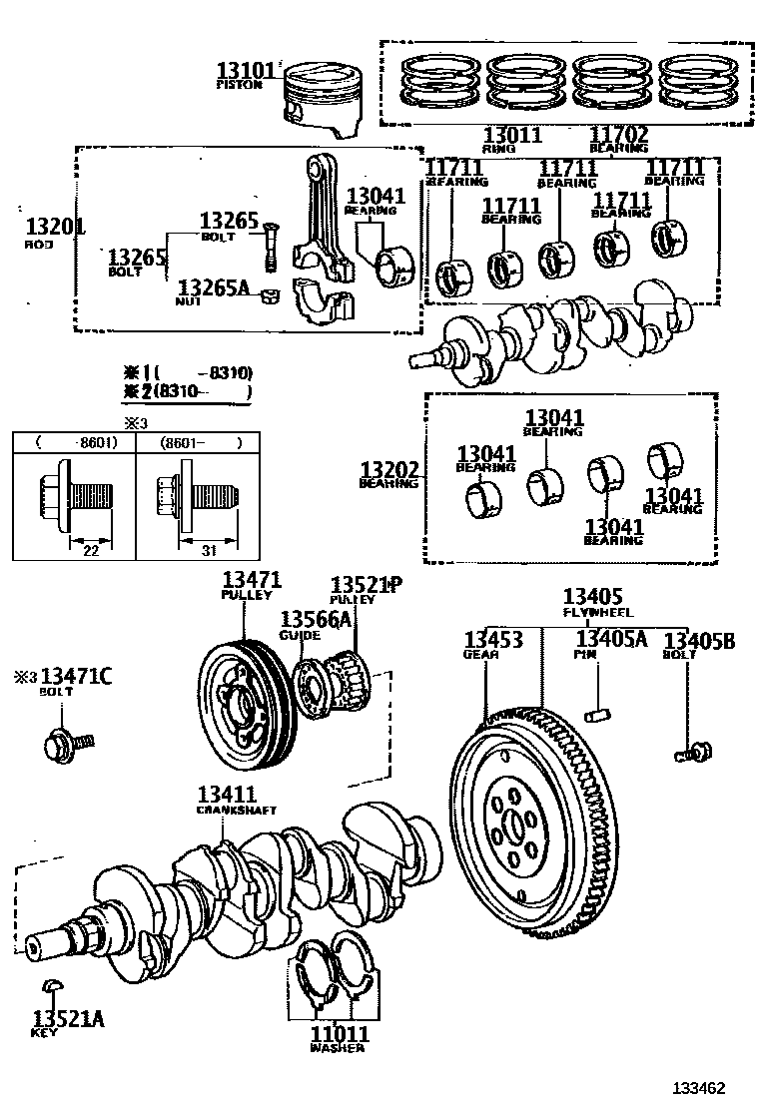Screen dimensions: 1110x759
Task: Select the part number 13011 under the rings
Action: pos(512,135)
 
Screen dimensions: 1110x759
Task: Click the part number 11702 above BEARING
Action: pos(618,135)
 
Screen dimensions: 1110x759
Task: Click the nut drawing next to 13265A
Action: pos(267,294)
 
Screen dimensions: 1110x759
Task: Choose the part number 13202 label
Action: pos(389,469)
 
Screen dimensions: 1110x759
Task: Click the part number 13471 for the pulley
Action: pos(252,579)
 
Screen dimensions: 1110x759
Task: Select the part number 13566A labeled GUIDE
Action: pos(316,620)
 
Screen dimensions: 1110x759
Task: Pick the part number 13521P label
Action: pos(366,585)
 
